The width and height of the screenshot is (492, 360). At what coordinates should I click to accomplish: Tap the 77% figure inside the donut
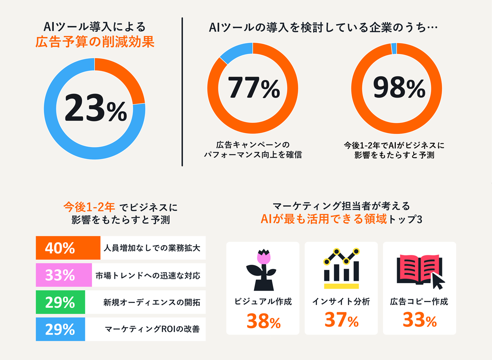tap(253, 88)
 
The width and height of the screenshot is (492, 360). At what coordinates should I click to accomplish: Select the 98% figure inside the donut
tap(399, 88)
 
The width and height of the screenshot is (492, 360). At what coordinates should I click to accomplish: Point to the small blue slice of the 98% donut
tap(394, 48)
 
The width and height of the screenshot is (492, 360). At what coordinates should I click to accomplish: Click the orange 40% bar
tap(68, 248)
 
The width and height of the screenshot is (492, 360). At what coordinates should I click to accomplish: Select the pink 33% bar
tap(64, 275)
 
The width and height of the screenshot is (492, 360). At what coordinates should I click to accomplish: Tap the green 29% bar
tap(60, 302)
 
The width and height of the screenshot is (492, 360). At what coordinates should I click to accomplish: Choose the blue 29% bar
tap(60, 329)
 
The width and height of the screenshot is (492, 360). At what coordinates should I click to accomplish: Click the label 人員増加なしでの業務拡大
tap(152, 248)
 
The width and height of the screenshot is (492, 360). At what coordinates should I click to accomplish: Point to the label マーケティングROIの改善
tap(152, 329)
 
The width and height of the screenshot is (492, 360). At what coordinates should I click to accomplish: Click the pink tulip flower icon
tap(264, 257)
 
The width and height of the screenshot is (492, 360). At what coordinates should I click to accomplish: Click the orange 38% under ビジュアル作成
tap(263, 321)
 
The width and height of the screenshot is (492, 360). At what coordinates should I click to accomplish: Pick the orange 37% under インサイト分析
tap(341, 320)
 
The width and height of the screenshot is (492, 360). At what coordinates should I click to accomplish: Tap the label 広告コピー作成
tap(419, 302)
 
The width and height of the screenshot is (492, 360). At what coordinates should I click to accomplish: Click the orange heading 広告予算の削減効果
tap(95, 42)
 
